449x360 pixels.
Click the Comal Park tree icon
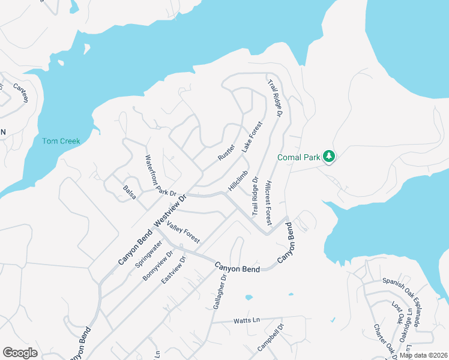point(328,157)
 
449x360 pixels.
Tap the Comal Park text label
point(299,157)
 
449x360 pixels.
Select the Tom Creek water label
point(61,141)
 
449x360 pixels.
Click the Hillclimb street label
point(238,181)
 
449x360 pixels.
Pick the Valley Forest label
point(183,232)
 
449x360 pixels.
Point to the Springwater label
point(148,254)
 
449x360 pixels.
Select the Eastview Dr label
point(175,270)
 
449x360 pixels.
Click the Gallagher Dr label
point(220,292)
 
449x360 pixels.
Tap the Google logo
point(20,353)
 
